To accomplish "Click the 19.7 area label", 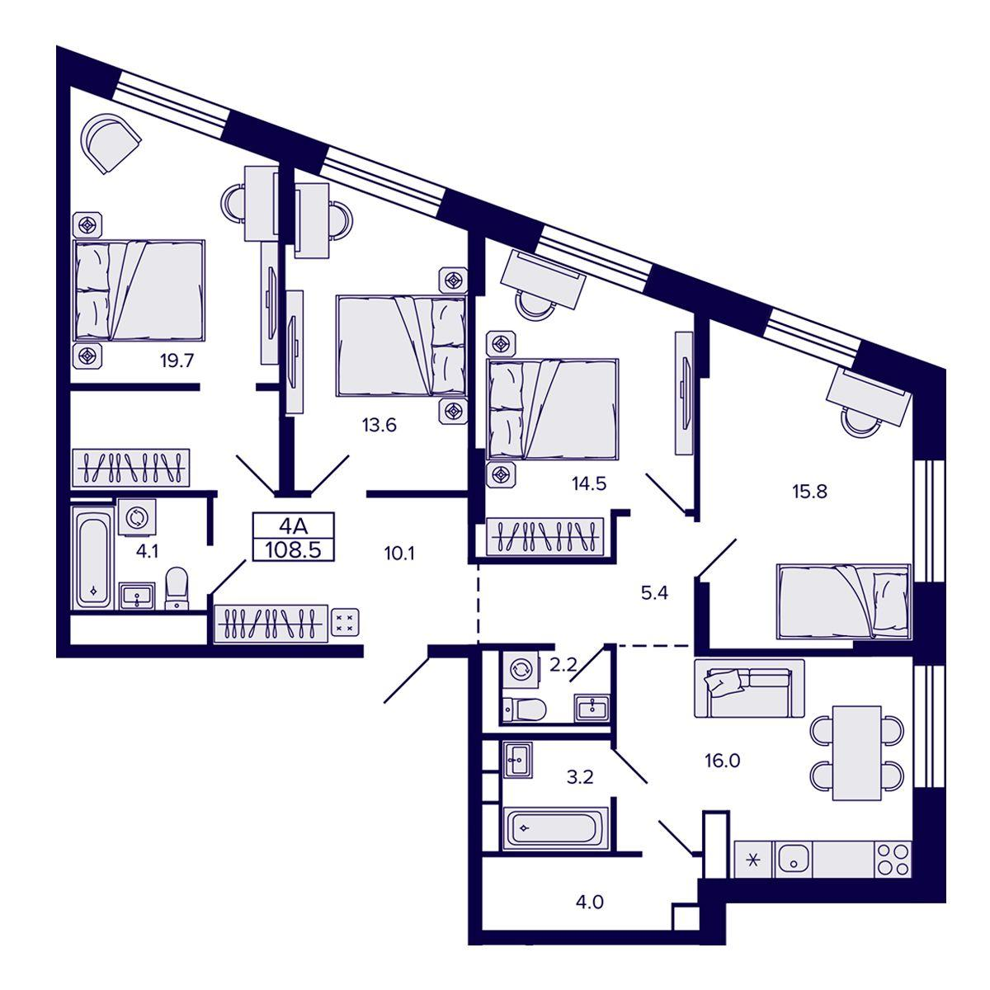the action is (177, 361).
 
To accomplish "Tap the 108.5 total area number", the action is (293, 550).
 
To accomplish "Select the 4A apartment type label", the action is (293, 526).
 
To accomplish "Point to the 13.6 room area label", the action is (379, 426).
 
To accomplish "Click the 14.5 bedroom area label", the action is (589, 483).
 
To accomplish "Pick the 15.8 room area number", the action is (809, 492).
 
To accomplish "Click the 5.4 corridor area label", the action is (654, 593).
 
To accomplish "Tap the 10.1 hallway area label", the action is (399, 554).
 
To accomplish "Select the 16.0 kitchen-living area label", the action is (722, 761).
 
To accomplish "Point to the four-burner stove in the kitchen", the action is (893, 860).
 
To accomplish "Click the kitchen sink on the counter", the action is (793, 860).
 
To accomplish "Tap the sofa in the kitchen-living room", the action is (749, 688).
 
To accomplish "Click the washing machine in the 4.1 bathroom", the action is (137, 516).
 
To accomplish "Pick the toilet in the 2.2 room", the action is (524, 709).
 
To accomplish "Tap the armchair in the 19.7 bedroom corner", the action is (112, 143).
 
